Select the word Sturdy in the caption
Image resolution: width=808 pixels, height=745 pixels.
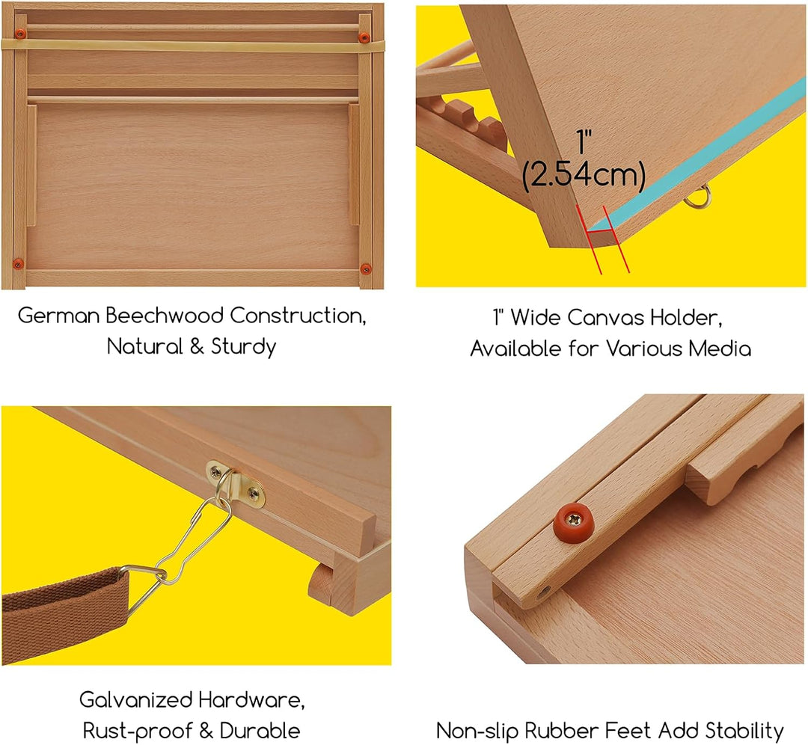point(243,347)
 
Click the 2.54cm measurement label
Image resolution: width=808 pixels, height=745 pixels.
point(584,175)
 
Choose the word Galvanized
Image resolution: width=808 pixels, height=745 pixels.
point(136,699)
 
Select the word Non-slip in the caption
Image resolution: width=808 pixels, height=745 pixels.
point(477,731)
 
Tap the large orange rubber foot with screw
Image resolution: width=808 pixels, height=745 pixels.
point(574,522)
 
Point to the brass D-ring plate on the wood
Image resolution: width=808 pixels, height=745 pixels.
point(236,484)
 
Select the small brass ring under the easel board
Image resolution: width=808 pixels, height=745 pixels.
point(698,197)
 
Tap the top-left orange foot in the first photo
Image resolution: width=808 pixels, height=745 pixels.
point(20,34)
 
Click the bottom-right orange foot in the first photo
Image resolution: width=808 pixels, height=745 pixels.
point(366,269)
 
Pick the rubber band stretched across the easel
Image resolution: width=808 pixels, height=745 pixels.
point(193,46)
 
